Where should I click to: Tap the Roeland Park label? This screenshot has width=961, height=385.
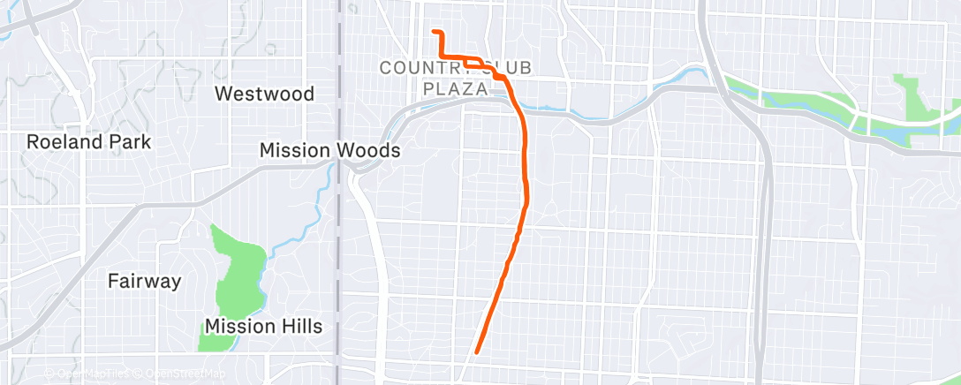point(88,141)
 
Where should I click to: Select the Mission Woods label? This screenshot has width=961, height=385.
point(329,151)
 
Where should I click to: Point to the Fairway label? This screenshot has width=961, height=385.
point(144,282)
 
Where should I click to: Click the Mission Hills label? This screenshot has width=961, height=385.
point(263,327)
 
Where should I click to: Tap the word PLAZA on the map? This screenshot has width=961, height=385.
point(456,88)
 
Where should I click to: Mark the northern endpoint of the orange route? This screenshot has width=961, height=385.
point(434,32)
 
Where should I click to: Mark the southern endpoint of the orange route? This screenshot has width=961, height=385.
point(477,351)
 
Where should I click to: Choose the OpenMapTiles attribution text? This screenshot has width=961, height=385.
point(92,374)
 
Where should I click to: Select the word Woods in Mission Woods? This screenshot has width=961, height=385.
point(367,151)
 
